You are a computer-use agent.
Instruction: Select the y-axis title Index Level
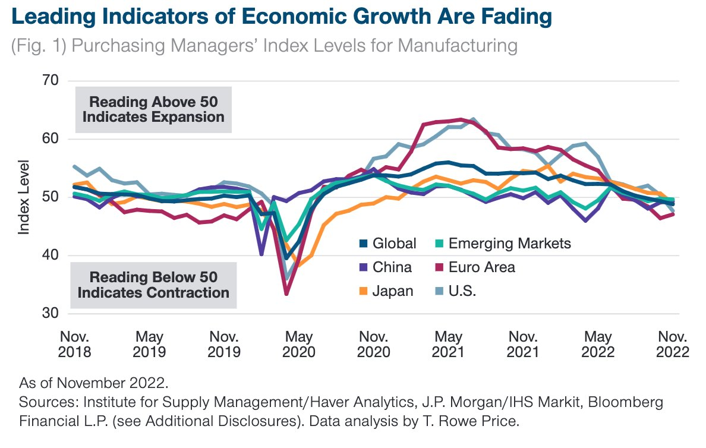pyautogui.click(x=24, y=197)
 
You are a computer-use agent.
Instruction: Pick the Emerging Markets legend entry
pyautogui.click(x=509, y=243)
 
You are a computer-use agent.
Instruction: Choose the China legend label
pyautogui.click(x=392, y=267)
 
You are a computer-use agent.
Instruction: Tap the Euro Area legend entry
pyautogui.click(x=481, y=267)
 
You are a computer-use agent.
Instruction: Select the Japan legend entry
pyautogui.click(x=393, y=291)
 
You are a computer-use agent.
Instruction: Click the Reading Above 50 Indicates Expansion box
pyautogui.click(x=153, y=109)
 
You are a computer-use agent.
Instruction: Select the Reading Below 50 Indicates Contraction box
pyautogui.click(x=153, y=285)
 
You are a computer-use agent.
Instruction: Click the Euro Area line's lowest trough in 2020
pyautogui.click(x=286, y=294)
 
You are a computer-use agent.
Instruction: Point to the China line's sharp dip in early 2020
pyautogui.click(x=261, y=254)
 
